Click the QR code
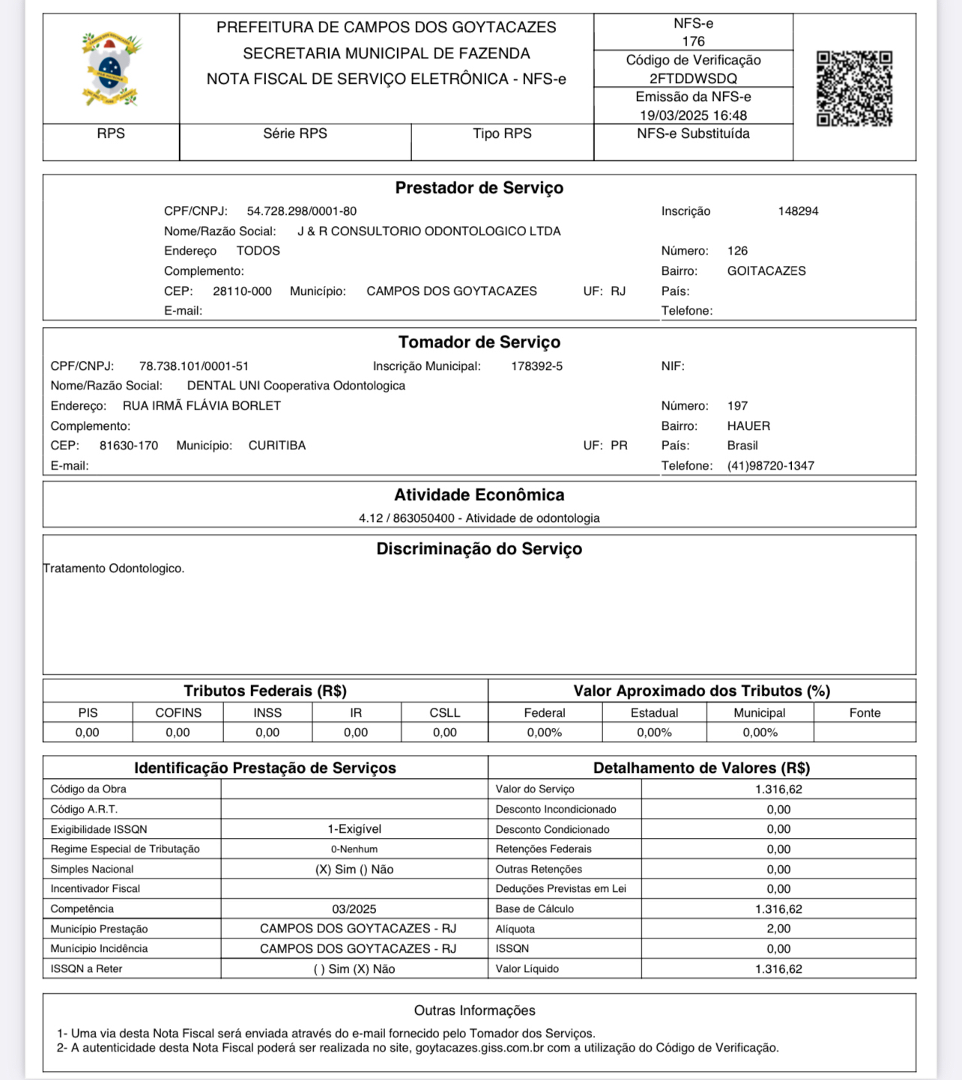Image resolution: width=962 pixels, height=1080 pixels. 854,88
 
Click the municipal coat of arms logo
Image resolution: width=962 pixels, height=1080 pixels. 111,69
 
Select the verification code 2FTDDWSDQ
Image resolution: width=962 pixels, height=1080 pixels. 693,79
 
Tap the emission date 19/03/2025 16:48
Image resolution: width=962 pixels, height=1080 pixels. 693,115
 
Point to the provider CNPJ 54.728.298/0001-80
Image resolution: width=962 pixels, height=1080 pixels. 302,211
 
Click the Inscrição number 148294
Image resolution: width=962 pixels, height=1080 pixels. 798,211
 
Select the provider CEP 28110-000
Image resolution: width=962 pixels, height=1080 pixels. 242,291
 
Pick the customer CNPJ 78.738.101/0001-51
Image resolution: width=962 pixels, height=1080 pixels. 194,366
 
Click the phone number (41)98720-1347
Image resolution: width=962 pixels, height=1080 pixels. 770,466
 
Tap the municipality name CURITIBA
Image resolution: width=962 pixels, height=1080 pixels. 277,446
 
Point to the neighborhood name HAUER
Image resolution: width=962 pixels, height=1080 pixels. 748,426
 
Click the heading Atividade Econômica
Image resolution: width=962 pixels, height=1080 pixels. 480,495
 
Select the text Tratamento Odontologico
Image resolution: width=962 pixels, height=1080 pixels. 114,568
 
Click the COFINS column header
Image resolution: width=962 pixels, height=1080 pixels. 178,713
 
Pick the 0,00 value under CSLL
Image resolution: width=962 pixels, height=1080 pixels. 444,732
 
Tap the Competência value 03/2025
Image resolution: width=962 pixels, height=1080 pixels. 354,909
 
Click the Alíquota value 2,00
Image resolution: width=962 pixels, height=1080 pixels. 778,929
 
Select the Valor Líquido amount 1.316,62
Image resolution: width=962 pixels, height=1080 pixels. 778,969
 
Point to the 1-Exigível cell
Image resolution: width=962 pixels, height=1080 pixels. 354,829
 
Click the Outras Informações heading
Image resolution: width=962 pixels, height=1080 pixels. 475,1011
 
